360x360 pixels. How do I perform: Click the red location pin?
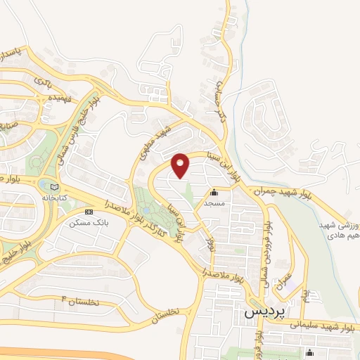coord(181,165)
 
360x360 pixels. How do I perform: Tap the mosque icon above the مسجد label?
coord(214,192)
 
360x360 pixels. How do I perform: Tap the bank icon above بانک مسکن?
coord(89,212)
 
